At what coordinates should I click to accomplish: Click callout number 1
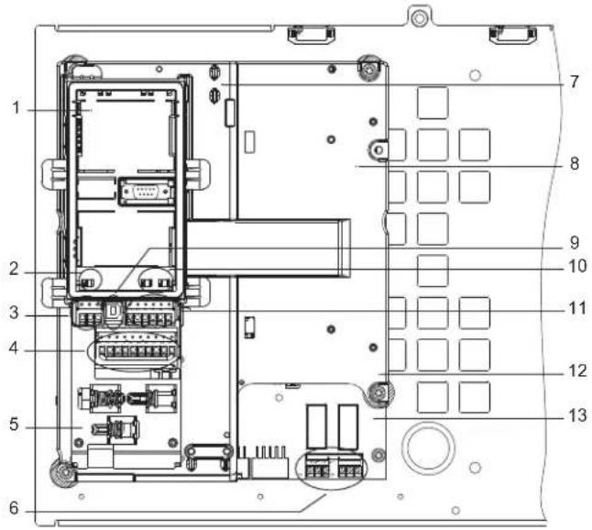click(x=16, y=108)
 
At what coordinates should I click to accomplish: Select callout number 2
click(x=15, y=269)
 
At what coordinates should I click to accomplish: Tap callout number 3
click(x=15, y=313)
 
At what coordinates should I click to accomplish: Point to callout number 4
click(x=14, y=348)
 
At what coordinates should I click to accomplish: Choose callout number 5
click(x=15, y=425)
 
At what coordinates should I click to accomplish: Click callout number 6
click(x=15, y=508)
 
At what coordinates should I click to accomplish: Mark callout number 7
click(x=575, y=82)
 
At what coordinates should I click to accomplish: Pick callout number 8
click(x=575, y=163)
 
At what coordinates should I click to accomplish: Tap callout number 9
click(x=575, y=243)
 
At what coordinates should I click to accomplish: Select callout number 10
click(x=577, y=266)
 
